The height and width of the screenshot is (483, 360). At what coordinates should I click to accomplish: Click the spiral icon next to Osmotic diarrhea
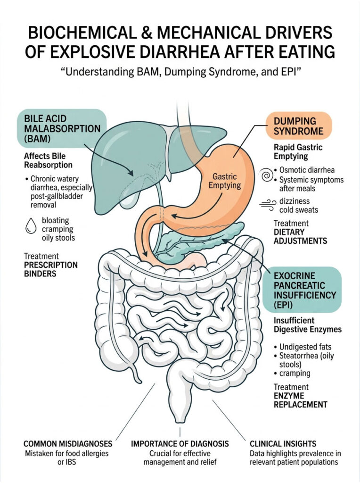pyautogui.click(x=267, y=176)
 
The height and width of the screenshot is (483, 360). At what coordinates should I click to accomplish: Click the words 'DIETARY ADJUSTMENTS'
pyautogui.click(x=300, y=236)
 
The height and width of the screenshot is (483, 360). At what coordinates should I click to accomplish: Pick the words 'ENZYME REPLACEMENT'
pyautogui.click(x=300, y=400)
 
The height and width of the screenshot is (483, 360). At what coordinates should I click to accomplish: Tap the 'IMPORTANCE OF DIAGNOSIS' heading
pyautogui.click(x=180, y=444)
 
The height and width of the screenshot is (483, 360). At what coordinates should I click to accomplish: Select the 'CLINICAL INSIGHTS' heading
pyautogui.click(x=283, y=444)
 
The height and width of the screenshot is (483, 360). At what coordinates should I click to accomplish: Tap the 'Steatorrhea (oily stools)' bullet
pyautogui.click(x=306, y=360)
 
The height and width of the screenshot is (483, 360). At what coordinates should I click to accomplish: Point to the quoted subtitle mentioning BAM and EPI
pyautogui.click(x=180, y=75)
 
